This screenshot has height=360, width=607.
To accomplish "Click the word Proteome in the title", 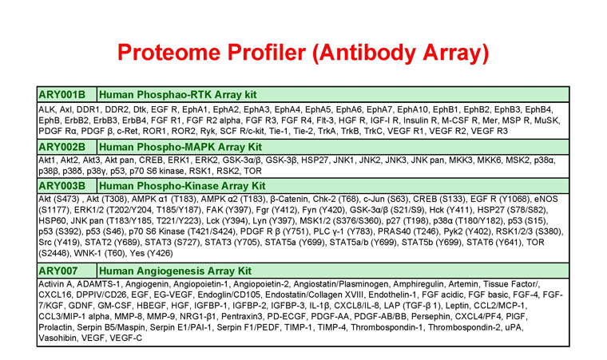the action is [169, 53].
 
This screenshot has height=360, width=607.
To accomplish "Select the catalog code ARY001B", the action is [62, 95].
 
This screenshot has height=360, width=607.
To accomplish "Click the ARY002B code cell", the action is [62, 147].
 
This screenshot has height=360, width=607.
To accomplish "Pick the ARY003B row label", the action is [62, 186].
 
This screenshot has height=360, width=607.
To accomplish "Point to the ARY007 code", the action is [58, 271].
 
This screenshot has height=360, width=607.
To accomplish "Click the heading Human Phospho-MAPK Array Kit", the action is [181, 147].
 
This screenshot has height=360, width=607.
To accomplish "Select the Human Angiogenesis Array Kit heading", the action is [176, 271].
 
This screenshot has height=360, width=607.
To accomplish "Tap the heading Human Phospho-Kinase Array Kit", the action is [182, 186].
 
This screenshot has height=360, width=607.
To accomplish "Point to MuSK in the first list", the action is [546, 121].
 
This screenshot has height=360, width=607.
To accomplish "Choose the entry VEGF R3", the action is [489, 132].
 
